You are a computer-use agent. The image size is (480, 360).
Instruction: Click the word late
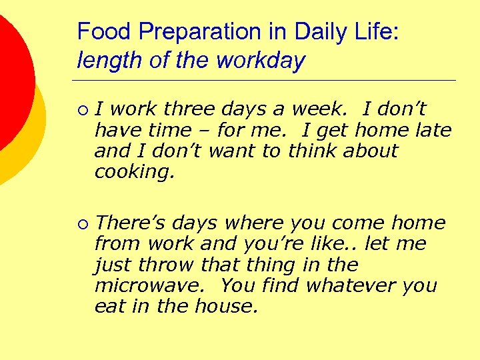(x=433, y=130)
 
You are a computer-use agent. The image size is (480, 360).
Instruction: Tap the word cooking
(x=134, y=172)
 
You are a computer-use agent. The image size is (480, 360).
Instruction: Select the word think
(x=313, y=151)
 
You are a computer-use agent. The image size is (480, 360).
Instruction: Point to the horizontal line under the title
(x=267, y=80)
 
